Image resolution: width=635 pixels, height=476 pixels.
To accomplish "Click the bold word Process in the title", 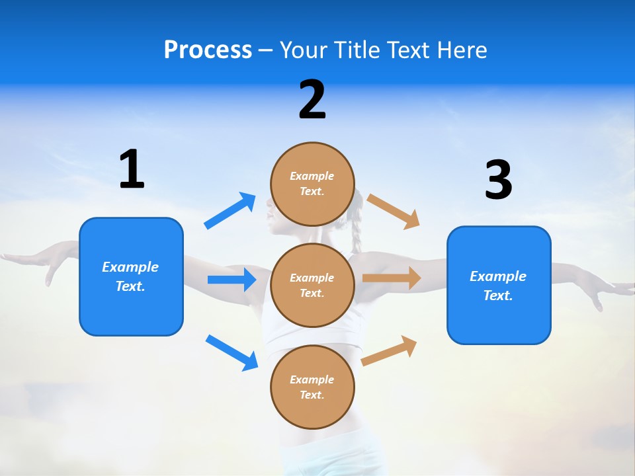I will [x=208, y=50].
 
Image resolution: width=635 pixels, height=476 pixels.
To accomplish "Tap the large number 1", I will [x=132, y=170].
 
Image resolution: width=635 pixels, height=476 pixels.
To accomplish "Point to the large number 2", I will [x=312, y=100].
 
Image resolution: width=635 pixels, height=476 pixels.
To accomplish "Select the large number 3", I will [x=498, y=180].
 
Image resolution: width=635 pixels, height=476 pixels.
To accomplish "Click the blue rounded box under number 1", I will [x=131, y=276].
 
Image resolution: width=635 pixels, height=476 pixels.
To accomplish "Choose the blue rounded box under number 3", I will [x=499, y=285].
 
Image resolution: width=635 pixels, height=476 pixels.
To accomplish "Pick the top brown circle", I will [x=312, y=184].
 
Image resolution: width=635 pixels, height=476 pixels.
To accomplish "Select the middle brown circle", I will [x=312, y=285].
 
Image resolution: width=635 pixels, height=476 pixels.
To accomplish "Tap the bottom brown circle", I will [x=312, y=387].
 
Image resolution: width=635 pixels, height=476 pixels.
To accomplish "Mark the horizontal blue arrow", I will [x=232, y=280].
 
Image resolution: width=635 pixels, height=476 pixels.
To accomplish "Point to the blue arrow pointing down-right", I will [x=232, y=352].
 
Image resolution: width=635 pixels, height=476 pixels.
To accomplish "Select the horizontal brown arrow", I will [x=392, y=278].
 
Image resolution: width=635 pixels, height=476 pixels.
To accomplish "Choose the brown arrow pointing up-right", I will [x=389, y=350].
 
